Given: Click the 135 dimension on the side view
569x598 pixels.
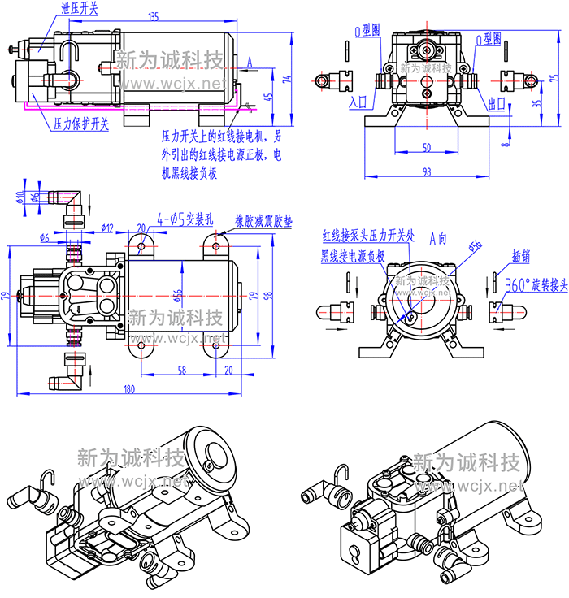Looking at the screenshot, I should point(154,16).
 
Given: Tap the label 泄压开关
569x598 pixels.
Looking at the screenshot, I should point(79,10).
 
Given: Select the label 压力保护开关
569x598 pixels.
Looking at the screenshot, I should point(80,124).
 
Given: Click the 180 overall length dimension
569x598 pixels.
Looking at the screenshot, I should point(128,389).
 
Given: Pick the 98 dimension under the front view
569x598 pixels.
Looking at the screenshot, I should point(427,171).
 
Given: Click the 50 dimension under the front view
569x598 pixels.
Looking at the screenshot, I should point(427,147).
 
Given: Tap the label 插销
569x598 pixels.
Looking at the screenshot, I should point(521,258).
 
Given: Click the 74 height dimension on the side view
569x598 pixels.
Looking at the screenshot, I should point(286,79).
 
